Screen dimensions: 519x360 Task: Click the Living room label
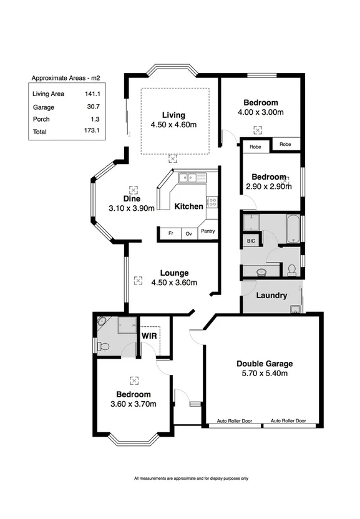point(173,115)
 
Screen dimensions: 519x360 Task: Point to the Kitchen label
point(188,206)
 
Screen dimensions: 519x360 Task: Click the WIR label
point(149,335)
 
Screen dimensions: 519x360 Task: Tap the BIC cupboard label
point(251,240)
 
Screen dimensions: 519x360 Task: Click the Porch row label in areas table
point(41,119)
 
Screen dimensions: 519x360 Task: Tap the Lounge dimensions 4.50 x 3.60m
point(174,282)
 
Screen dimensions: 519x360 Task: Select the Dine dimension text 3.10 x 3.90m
point(131,208)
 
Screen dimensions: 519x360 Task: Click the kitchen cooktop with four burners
point(212,201)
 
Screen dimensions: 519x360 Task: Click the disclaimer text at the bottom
point(191,478)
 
